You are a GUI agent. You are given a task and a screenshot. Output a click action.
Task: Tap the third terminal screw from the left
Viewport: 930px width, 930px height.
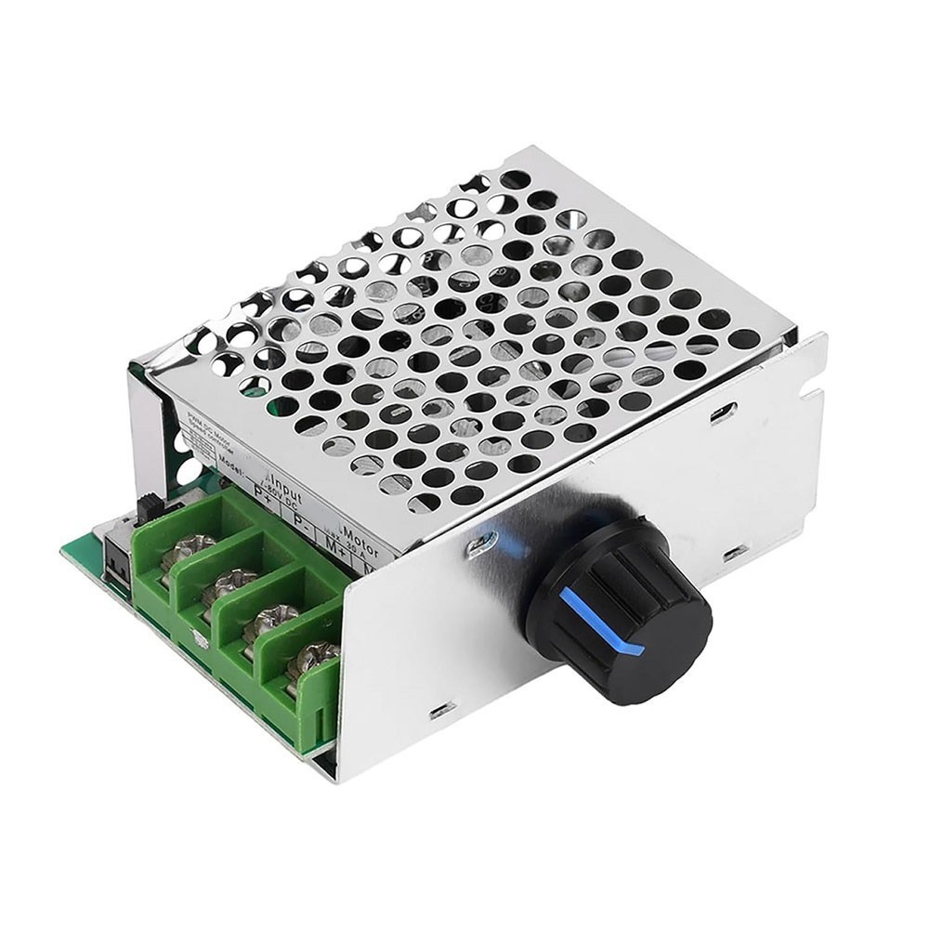point(269,620)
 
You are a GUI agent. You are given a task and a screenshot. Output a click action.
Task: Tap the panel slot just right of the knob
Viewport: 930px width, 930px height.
point(734,553)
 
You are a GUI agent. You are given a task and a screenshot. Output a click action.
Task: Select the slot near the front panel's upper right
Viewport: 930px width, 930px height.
point(724,411)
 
